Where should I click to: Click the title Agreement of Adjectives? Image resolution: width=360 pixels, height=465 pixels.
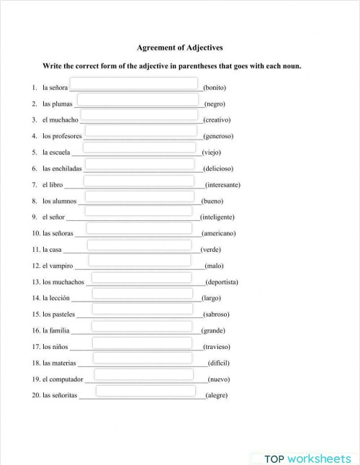point(179,48)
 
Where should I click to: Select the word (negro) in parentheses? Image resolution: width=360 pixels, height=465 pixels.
point(215,104)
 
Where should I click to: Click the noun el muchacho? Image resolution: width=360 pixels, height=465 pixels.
point(60,119)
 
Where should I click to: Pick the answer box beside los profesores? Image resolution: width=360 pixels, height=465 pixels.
point(140,131)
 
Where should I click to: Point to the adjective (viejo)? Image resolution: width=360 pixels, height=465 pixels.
point(212,152)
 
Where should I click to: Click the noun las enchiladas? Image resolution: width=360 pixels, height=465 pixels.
point(62,168)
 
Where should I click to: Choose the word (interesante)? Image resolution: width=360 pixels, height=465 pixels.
point(222,184)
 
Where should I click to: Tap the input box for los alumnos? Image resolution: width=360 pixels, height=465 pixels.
point(140,196)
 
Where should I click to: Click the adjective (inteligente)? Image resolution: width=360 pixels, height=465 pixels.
point(217,217)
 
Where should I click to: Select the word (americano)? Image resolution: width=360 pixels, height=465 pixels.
point(218,233)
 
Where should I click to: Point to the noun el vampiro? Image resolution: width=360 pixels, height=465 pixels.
point(58,266)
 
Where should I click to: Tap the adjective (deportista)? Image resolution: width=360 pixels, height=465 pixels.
point(222,281)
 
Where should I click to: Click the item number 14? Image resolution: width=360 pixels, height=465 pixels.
point(35,298)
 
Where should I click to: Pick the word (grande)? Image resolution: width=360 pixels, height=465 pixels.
point(213,330)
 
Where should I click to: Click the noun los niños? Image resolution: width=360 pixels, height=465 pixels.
point(55,346)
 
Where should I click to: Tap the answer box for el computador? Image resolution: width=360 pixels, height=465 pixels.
point(144,374)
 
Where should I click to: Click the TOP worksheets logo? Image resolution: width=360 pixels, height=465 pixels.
point(307,458)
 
